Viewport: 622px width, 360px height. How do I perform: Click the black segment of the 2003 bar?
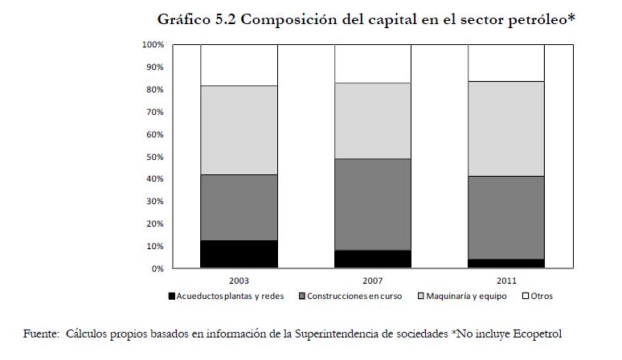[x=239, y=254]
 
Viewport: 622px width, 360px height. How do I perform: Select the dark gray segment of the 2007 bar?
[x=374, y=204]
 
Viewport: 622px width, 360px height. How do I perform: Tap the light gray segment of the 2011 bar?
[x=508, y=129]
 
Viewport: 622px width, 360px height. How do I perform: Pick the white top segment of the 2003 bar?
[x=239, y=65]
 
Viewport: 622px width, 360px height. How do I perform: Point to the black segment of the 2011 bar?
[x=508, y=264]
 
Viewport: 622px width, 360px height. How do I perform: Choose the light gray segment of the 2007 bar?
[x=374, y=121]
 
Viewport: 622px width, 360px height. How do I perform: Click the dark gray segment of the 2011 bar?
[x=508, y=217]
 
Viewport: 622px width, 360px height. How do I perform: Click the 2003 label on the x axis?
[x=239, y=281]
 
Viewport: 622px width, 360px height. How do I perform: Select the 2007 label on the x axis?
[x=374, y=281]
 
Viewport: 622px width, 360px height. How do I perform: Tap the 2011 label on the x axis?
[x=508, y=281]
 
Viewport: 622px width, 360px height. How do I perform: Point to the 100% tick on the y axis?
[x=154, y=44]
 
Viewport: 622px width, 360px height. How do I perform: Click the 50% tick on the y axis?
[x=156, y=157]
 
